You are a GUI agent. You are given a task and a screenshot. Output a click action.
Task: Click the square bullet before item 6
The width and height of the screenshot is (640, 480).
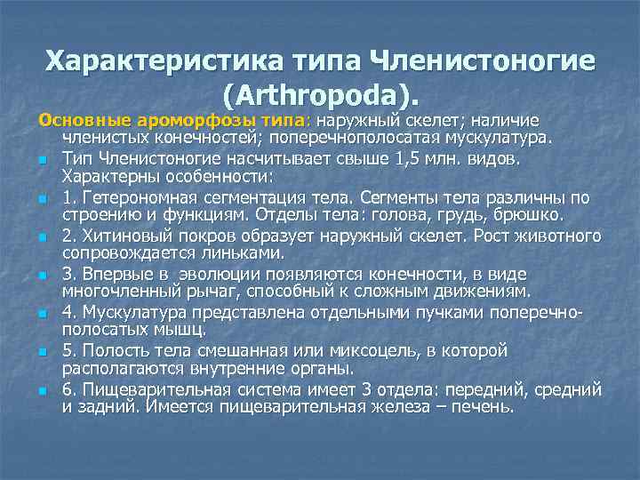click(42, 391)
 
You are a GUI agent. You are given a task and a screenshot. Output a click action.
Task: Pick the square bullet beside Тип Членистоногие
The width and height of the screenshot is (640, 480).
click(42, 160)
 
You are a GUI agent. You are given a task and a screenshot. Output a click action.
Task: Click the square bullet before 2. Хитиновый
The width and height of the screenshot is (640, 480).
click(42, 238)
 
